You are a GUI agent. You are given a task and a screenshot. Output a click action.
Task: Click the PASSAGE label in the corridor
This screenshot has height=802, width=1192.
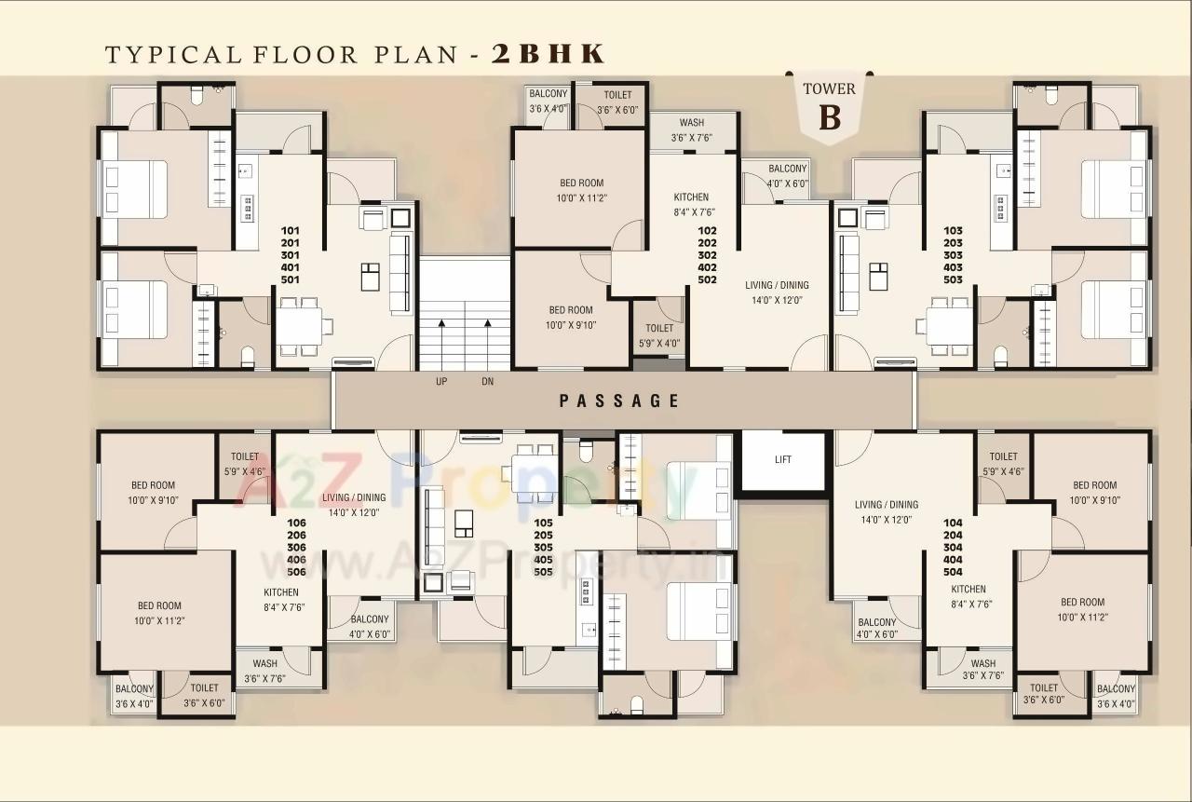[619, 401]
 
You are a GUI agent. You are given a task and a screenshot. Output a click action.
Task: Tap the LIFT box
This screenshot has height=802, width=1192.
[782, 459]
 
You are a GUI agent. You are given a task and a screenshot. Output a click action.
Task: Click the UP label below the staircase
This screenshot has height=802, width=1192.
[441, 382]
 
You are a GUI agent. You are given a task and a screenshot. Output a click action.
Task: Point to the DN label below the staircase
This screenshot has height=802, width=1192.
[487, 382]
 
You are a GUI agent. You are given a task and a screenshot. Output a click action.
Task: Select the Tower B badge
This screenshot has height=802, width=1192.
[829, 107]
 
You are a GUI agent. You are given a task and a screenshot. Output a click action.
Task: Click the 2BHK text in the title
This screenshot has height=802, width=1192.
[548, 53]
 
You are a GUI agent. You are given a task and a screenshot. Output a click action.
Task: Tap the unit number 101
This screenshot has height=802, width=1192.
[290, 229]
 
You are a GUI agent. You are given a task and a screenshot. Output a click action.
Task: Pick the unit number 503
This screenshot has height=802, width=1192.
[952, 279]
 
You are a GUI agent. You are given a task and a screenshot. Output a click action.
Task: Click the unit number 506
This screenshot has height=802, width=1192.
[296, 571]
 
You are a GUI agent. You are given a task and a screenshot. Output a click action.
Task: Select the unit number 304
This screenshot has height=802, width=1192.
[952, 548]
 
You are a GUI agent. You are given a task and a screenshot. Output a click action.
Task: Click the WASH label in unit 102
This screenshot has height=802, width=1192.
[691, 123]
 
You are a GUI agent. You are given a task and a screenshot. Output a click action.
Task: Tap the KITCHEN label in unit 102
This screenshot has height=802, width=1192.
[691, 197]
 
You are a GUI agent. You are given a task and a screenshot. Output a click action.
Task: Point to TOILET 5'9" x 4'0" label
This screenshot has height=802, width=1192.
[658, 334]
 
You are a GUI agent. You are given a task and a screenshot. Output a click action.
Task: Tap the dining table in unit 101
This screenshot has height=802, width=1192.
[299, 327]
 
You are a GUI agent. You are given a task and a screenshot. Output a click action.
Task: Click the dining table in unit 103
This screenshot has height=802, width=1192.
[948, 327]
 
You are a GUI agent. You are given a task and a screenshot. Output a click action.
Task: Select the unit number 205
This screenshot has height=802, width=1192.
[543, 535]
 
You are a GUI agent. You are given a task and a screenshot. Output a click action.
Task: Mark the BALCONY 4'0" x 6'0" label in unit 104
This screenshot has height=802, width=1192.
[876, 628]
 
